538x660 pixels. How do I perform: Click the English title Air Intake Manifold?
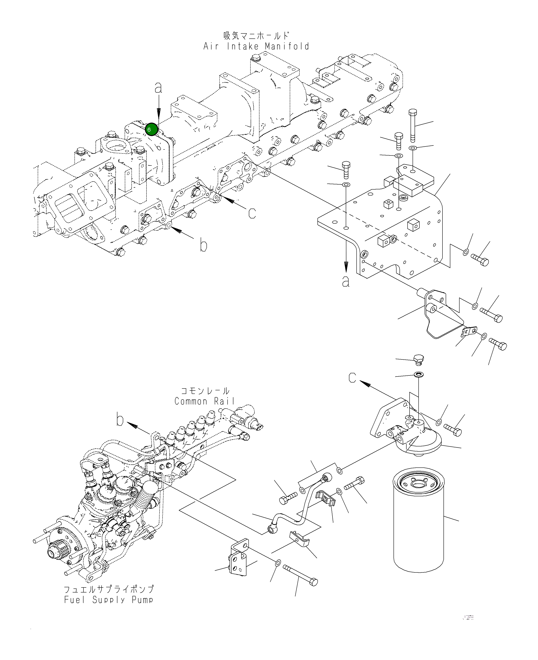(x=256, y=46)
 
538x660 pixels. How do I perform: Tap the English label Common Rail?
(x=204, y=401)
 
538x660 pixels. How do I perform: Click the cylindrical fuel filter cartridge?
(x=418, y=523)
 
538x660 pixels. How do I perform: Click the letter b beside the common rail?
(x=120, y=420)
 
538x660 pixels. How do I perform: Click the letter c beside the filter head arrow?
(x=352, y=378)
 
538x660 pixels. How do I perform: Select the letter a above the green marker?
(x=158, y=88)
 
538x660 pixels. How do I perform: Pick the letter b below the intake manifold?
(x=203, y=245)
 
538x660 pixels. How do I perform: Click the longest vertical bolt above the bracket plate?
(x=413, y=125)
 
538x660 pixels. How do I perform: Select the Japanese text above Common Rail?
(x=205, y=391)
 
